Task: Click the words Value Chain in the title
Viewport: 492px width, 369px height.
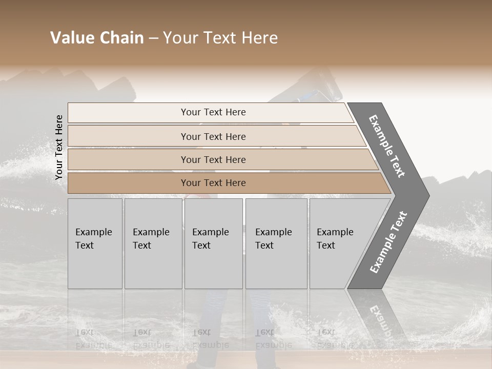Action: (x=97, y=38)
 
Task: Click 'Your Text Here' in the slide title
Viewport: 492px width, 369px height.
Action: (x=220, y=38)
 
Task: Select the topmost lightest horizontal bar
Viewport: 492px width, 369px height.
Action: (x=128, y=113)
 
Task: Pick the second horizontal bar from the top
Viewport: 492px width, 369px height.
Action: (x=128, y=136)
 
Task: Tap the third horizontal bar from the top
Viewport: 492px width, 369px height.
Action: (x=128, y=159)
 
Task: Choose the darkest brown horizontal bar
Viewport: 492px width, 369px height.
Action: (x=128, y=183)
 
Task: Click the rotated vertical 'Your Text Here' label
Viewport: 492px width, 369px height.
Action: (x=59, y=147)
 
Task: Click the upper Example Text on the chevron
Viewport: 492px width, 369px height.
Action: (x=387, y=146)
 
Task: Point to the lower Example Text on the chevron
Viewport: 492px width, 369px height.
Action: (x=389, y=242)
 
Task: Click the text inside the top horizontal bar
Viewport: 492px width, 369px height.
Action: (x=213, y=112)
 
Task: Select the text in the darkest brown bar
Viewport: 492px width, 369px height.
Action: (x=213, y=183)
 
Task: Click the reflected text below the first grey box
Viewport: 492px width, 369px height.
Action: (x=93, y=339)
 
